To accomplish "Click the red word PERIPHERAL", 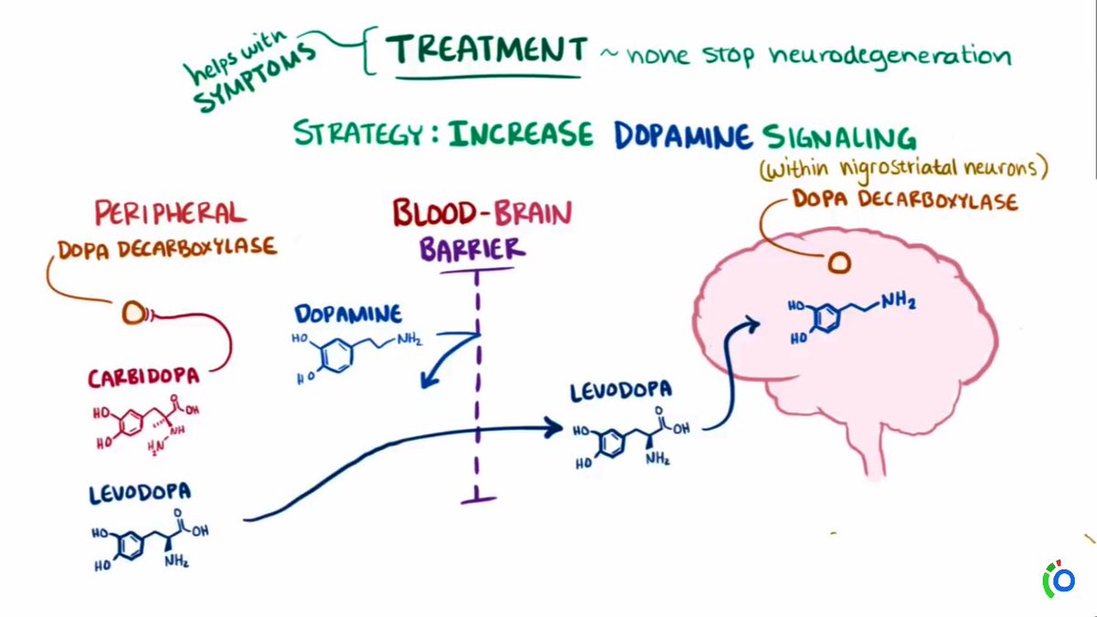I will (170, 214).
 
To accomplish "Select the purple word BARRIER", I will (474, 249).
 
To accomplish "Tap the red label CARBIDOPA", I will (144, 378).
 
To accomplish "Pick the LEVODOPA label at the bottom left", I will (140, 495).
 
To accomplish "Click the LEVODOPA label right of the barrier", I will (622, 391).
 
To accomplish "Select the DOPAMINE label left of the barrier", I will (347, 314).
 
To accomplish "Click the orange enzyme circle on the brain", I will (839, 263).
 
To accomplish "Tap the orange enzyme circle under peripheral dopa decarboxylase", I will (133, 314).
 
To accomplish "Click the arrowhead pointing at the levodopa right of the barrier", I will (552, 425).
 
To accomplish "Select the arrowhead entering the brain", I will (753, 323).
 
